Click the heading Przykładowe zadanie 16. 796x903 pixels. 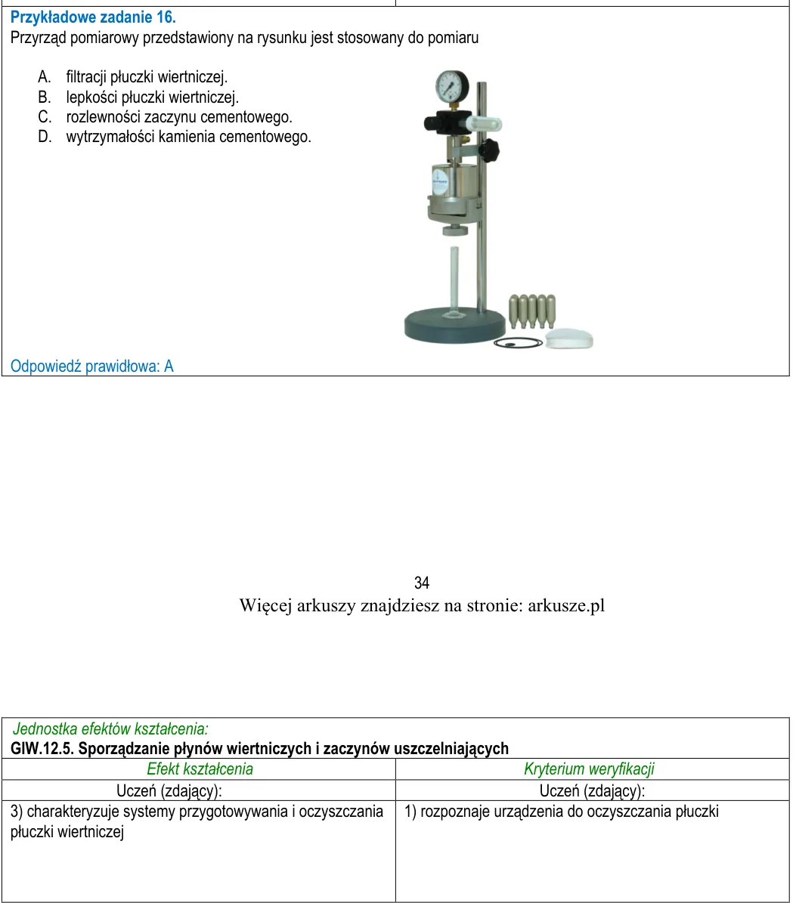(93, 17)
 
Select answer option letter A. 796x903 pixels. (45, 76)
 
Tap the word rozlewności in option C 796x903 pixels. (103, 117)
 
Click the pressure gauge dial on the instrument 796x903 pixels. (451, 86)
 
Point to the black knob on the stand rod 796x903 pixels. (489, 150)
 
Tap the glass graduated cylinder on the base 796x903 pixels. (454, 282)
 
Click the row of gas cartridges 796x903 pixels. (532, 311)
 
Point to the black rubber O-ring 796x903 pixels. (518, 342)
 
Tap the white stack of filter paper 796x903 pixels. (569, 339)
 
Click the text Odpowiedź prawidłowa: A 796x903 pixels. (92, 366)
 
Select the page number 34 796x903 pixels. (422, 583)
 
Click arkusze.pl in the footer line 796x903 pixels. (566, 606)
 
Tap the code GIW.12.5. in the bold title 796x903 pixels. (42, 749)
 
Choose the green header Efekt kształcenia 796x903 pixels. (200, 768)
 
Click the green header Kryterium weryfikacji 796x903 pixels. (589, 768)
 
